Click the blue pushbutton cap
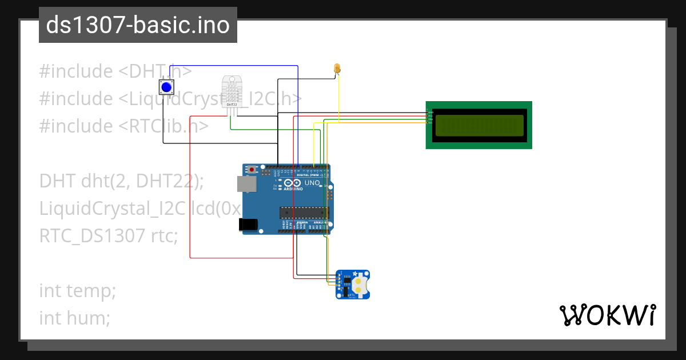click(166, 87)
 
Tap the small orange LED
click(337, 69)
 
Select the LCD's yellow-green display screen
click(479, 126)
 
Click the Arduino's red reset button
click(252, 170)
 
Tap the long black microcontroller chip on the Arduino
click(304, 213)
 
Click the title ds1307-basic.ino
click(138, 25)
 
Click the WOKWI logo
click(607, 315)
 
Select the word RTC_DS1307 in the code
click(92, 235)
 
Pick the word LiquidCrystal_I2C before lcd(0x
click(112, 209)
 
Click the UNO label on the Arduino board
click(312, 183)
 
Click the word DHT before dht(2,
click(57, 181)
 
